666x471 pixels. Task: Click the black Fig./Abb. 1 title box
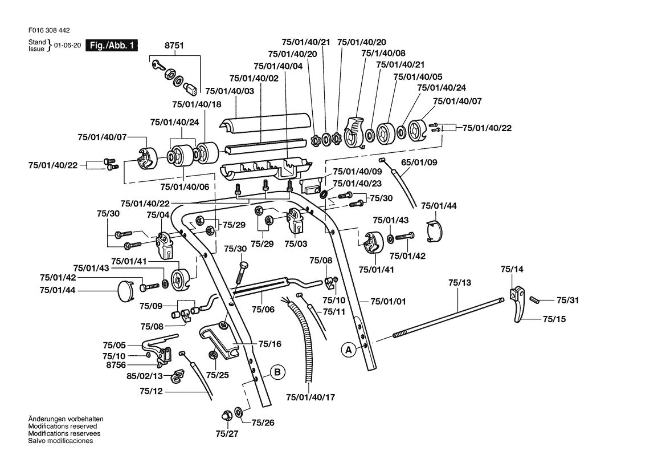coord(112,46)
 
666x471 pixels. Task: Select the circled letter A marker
coord(349,350)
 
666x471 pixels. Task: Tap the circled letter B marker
coord(277,373)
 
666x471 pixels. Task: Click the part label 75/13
coord(460,283)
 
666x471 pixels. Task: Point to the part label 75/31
coord(567,300)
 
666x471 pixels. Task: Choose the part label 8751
coord(174,46)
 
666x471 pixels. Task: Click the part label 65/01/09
coord(419,163)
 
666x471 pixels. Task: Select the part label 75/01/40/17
coord(310,397)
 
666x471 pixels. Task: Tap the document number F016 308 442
coord(49,31)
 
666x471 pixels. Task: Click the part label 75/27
coord(227,434)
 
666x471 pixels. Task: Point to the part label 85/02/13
coord(145,376)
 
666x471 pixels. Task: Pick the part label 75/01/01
coord(388,302)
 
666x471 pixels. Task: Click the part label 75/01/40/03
coord(230,91)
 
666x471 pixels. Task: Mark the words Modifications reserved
coord(63,427)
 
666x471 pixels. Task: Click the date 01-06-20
coord(67,46)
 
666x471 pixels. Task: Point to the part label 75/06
coord(263,309)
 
